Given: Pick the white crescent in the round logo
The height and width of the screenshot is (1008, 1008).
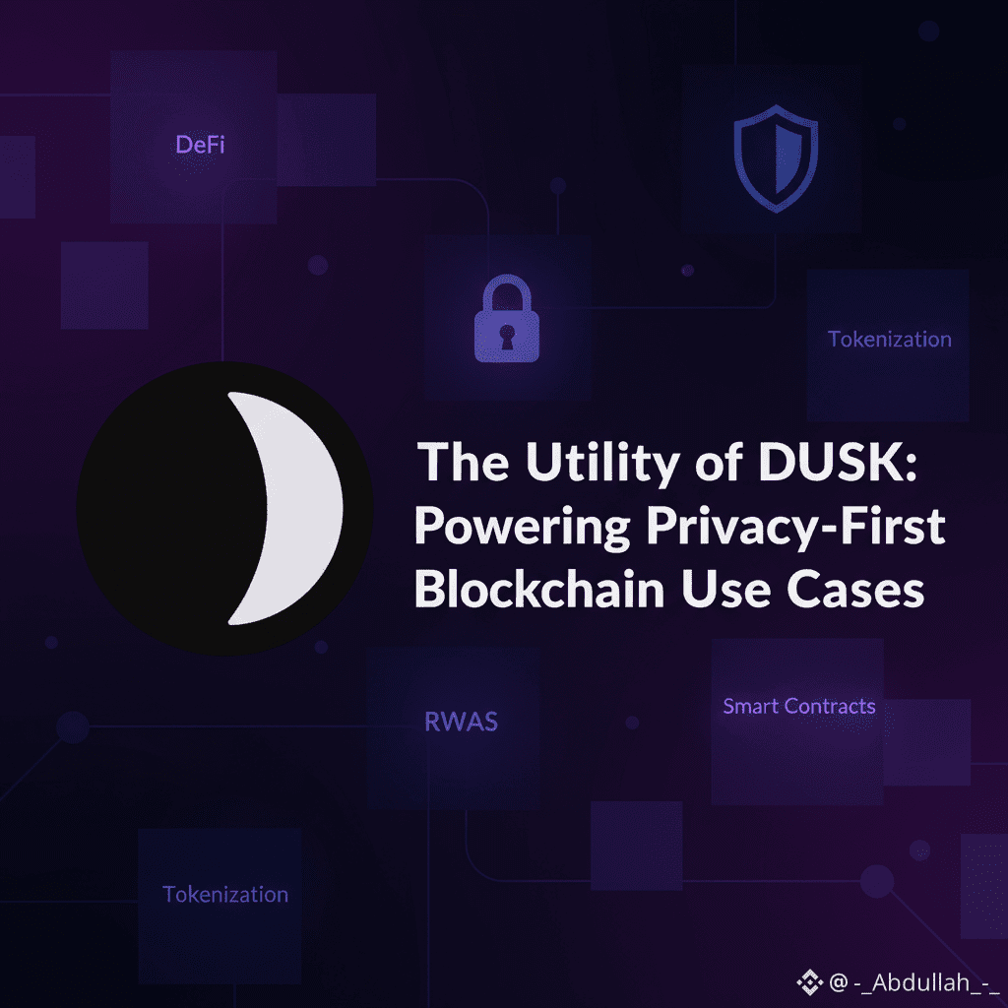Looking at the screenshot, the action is tap(285, 508).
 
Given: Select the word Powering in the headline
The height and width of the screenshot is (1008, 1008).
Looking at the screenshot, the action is tap(522, 529).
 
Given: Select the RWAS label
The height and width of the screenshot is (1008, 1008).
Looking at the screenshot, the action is tap(461, 722).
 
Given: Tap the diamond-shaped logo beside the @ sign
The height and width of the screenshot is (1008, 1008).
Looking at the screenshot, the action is tap(809, 981).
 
